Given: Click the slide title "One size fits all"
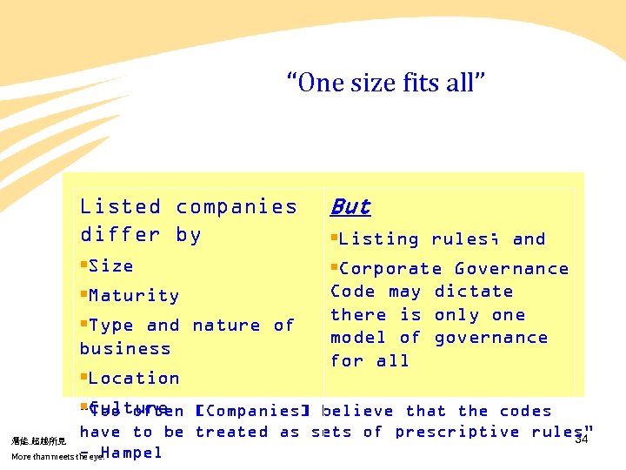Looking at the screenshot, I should (386, 84).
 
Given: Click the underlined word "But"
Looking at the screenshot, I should (350, 207).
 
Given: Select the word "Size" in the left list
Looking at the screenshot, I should (111, 266).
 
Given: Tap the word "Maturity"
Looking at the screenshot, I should (134, 296).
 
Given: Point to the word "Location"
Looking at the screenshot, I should (134, 379).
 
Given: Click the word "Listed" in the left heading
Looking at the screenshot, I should (121, 207).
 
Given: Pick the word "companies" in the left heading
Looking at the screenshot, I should (236, 207).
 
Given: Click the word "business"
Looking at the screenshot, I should (125, 349).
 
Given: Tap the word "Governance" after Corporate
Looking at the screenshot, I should (512, 269).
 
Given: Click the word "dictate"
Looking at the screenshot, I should (474, 292).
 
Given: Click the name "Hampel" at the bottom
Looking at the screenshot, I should (131, 453).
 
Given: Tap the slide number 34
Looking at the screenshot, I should (582, 440).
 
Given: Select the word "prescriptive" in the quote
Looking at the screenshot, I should (457, 433).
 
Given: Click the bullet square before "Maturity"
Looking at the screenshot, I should (83, 295).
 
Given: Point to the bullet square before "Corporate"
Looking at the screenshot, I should (334, 268).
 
